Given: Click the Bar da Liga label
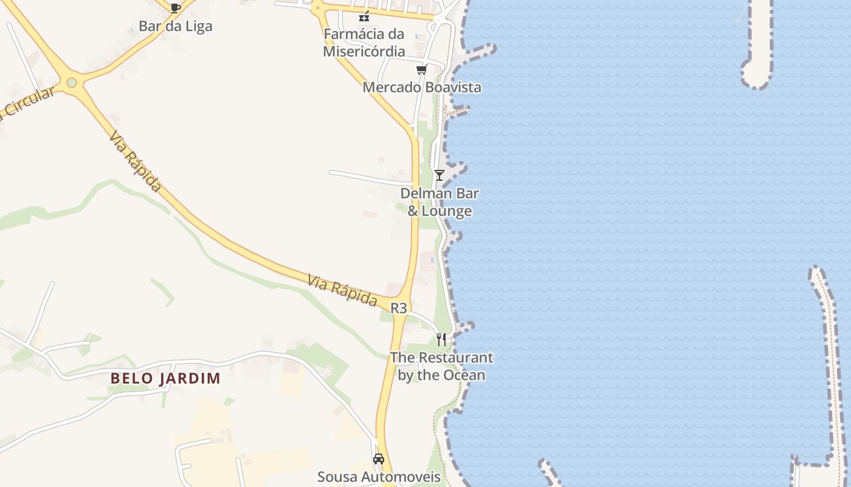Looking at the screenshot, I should click(x=175, y=26).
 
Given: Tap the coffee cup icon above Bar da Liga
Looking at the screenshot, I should click(x=175, y=8).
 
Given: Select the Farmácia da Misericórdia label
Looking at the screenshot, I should click(x=363, y=43).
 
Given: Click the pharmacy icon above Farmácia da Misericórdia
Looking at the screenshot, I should click(x=364, y=16).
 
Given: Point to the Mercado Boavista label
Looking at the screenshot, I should click(x=421, y=87).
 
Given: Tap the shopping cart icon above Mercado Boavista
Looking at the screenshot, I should click(x=421, y=69).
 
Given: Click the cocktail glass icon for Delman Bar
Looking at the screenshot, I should click(x=439, y=175).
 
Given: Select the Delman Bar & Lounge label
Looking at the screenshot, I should click(x=439, y=203).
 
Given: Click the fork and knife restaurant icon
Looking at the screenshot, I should click(x=441, y=340).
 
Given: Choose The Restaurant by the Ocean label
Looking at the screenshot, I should click(x=441, y=366).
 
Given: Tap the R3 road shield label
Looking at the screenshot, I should click(x=398, y=308).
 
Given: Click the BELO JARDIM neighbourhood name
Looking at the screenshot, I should click(x=165, y=378).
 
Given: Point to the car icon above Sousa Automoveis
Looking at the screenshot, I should click(x=379, y=459).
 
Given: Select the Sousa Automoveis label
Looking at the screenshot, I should click(x=379, y=476).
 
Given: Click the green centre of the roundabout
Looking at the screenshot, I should click(x=72, y=82).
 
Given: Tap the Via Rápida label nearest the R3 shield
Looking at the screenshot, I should click(x=342, y=290).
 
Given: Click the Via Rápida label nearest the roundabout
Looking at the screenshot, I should click(x=136, y=161).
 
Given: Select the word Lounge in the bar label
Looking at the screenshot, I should click(x=447, y=211).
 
